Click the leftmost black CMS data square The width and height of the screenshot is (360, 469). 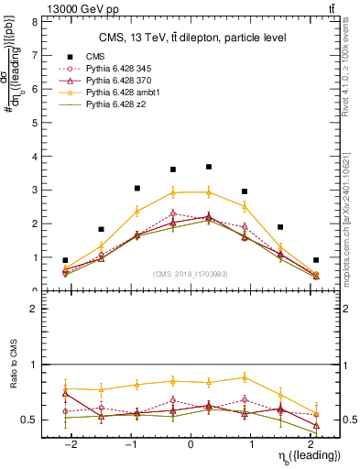(65, 260)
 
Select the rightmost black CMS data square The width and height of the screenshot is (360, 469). (316, 260)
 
